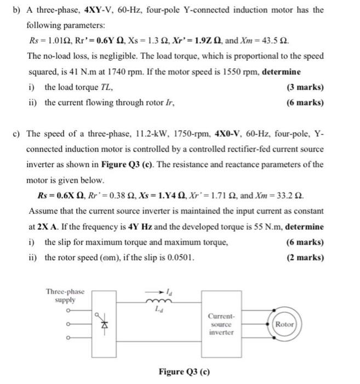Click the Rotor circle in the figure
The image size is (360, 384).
click(x=284, y=324)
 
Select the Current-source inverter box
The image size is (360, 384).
click(x=221, y=324)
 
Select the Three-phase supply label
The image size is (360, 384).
click(x=65, y=296)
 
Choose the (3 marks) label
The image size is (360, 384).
click(x=305, y=87)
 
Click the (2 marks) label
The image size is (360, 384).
click(x=305, y=257)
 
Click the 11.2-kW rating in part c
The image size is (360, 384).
click(x=151, y=133)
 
